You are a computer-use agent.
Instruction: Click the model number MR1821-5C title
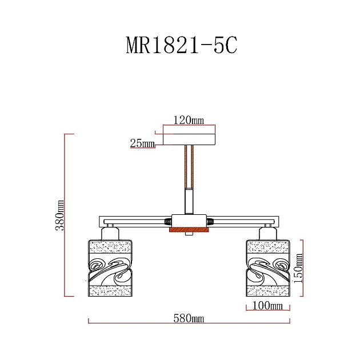point(181,45)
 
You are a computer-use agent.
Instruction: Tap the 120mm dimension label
point(189,120)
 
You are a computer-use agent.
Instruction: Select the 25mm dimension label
point(142,143)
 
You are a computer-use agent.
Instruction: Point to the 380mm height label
point(59,215)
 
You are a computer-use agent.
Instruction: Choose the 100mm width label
point(267,306)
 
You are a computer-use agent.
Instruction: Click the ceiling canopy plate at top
point(189,139)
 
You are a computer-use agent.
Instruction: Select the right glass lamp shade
point(267,268)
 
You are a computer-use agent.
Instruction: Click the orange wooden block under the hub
point(189,230)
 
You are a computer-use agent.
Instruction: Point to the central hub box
point(189,221)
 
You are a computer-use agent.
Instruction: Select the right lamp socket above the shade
point(266,233)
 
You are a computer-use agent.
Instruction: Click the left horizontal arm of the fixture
point(137,221)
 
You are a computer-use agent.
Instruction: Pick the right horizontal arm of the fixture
point(243,221)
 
